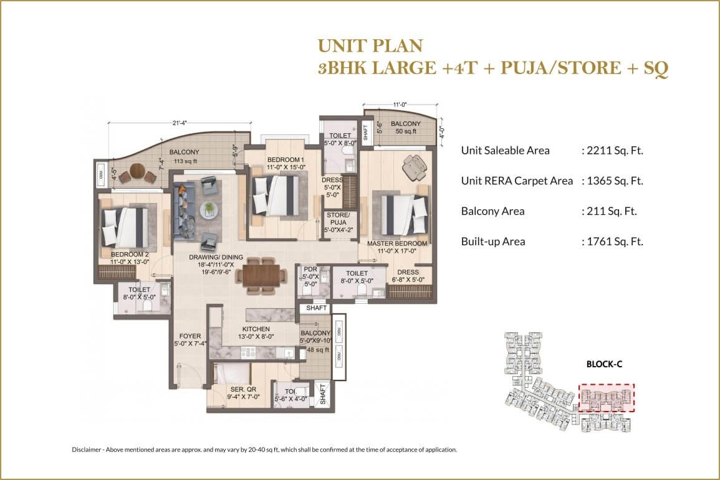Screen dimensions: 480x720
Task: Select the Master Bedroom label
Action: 396,243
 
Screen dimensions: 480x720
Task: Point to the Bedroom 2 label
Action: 130,254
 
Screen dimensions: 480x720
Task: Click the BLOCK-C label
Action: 603,365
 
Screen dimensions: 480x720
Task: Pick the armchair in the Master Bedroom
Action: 415,166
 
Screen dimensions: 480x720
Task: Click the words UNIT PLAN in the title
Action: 370,45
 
